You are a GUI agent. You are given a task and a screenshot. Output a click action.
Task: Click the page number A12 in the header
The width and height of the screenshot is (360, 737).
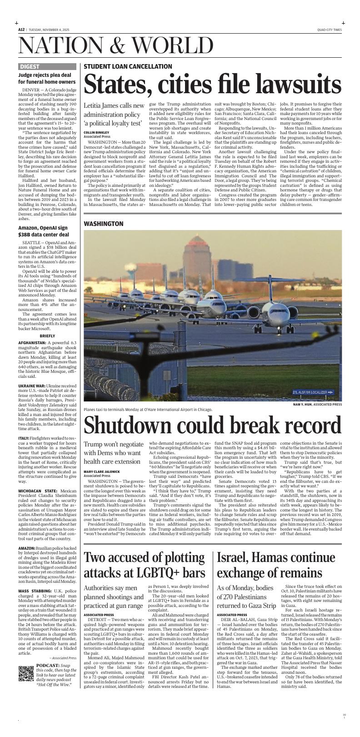pyautogui.click(x=21, y=30)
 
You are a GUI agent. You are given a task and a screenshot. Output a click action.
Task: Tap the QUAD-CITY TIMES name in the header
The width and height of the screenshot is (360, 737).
pyautogui.click(x=329, y=30)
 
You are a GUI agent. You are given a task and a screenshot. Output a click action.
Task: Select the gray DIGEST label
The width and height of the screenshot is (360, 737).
pyautogui.click(x=30, y=66)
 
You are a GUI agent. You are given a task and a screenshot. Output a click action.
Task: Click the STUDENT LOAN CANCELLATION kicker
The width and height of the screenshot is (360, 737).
pyautogui.click(x=128, y=66)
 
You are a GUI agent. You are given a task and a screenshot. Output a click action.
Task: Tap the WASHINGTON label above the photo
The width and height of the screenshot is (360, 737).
pyautogui.click(x=103, y=224)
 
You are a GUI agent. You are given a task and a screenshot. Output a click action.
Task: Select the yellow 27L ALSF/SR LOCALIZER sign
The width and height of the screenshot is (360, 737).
pyautogui.click(x=313, y=392)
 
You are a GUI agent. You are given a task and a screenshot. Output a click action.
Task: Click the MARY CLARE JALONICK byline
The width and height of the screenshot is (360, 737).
pyautogui.click(x=101, y=471)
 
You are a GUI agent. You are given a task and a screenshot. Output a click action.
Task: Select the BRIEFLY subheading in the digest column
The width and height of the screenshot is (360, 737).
pyautogui.click(x=47, y=336)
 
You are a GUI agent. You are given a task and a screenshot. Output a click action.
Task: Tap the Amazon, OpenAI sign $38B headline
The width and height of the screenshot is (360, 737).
pyautogui.click(x=43, y=231)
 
